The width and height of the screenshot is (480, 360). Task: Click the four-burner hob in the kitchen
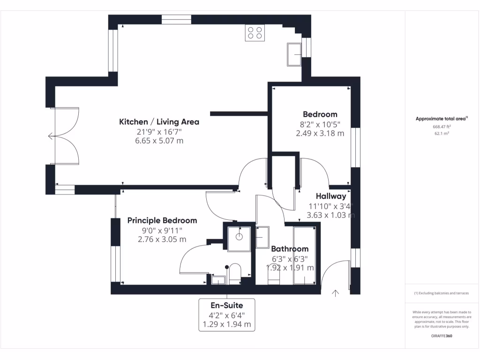(x=255, y=33)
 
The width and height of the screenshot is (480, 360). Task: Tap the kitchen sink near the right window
(x=296, y=54)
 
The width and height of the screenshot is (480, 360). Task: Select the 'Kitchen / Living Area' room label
(x=159, y=122)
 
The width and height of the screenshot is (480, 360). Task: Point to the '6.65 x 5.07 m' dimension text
(x=159, y=140)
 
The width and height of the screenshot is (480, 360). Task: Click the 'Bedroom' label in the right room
(x=320, y=114)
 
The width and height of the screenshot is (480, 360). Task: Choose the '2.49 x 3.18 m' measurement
(x=320, y=133)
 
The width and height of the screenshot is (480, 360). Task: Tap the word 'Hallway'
(x=330, y=196)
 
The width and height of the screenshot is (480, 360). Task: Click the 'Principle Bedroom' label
(x=162, y=220)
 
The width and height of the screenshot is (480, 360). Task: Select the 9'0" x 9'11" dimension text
(x=162, y=230)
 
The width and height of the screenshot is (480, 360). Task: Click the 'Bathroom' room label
(x=290, y=249)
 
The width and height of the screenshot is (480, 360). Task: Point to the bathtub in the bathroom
(x=305, y=255)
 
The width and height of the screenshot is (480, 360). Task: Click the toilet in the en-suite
(x=234, y=274)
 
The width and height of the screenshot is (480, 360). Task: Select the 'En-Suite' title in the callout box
(x=227, y=306)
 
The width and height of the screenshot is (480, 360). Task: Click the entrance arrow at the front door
(x=335, y=293)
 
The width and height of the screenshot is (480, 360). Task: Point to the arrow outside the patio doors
(x=51, y=136)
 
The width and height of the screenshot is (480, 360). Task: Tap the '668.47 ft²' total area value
(x=442, y=127)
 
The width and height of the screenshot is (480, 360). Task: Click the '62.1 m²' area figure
(x=442, y=134)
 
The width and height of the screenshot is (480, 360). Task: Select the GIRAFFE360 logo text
(x=442, y=336)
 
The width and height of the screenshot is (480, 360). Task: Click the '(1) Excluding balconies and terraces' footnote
(x=442, y=293)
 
